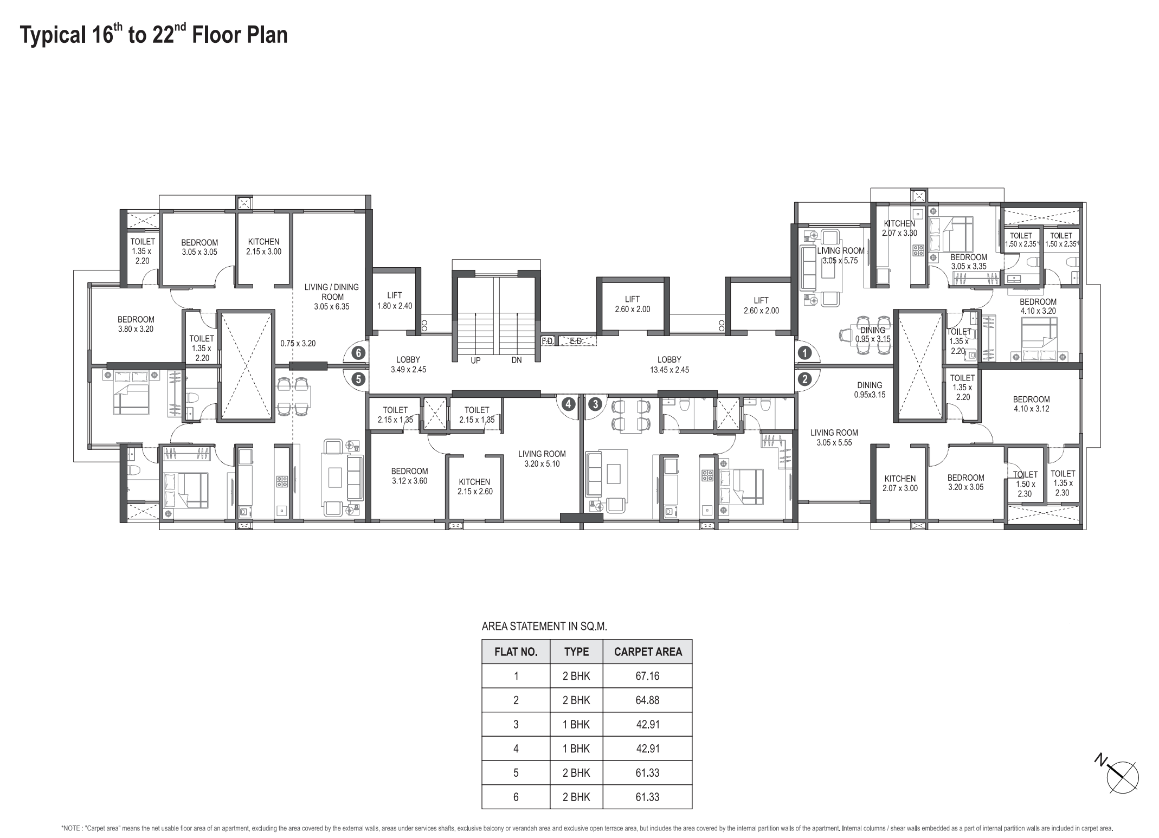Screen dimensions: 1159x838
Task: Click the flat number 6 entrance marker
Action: (x=358, y=353)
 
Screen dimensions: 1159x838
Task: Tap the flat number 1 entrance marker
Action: (x=805, y=353)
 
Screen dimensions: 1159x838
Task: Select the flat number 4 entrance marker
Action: (x=568, y=404)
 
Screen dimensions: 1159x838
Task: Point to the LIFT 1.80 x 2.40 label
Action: (x=395, y=300)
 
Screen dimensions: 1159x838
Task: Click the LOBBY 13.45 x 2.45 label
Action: (x=669, y=364)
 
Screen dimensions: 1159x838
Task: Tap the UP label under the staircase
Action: (x=475, y=360)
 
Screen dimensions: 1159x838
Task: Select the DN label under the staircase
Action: (x=516, y=360)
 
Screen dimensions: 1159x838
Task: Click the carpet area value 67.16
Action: (x=647, y=676)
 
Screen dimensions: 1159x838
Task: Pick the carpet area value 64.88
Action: (x=647, y=700)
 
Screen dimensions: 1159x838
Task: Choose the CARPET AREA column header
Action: (x=648, y=652)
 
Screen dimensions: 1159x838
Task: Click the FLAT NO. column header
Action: (x=516, y=652)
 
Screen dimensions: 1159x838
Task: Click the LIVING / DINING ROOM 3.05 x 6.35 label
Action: (x=332, y=296)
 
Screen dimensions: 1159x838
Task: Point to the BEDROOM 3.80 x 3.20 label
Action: (x=136, y=324)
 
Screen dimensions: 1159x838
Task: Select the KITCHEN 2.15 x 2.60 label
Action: (x=474, y=486)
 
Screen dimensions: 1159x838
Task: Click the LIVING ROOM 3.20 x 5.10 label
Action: (x=542, y=459)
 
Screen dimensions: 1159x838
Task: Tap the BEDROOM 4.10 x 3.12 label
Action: (x=1031, y=404)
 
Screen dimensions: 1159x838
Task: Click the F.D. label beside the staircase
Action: (x=548, y=341)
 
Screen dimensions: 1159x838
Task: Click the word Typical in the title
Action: (x=51, y=35)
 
